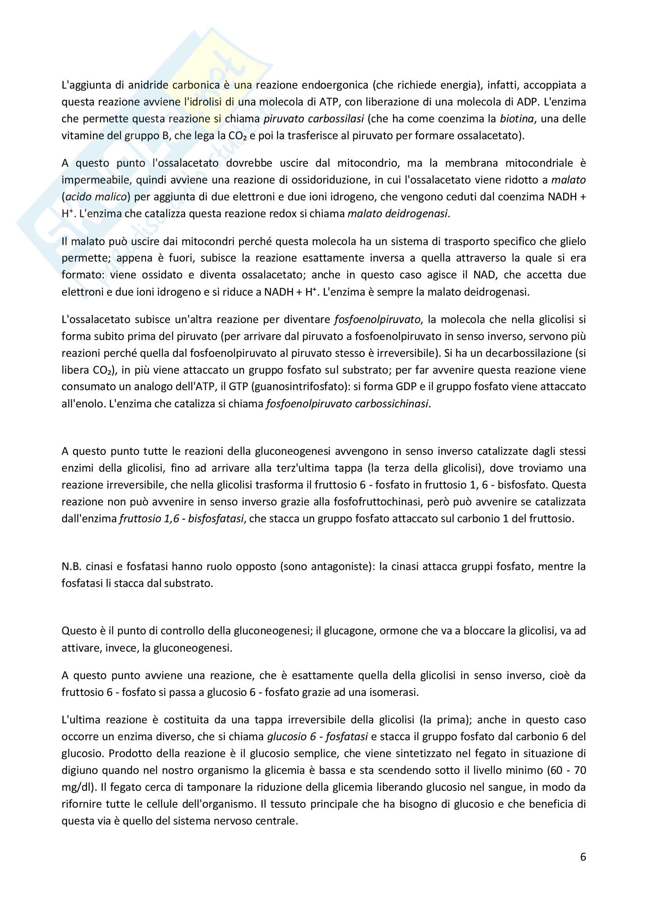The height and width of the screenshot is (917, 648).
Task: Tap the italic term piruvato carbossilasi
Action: pos(314,119)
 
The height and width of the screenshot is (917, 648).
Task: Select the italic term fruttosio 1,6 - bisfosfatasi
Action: pos(181,519)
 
